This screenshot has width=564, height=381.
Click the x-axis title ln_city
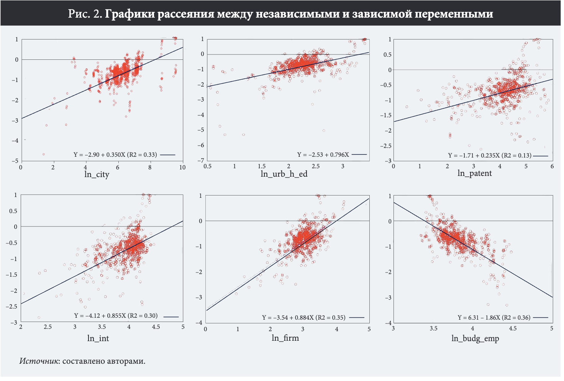point(97,175)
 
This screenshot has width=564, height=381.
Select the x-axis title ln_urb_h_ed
point(284,174)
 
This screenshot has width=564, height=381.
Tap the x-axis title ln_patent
point(474,173)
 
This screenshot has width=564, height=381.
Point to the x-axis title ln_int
point(98,338)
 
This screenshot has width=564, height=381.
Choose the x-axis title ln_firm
point(285,338)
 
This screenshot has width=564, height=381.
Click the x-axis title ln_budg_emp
point(475,338)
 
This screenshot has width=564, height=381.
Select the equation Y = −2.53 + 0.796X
point(323,155)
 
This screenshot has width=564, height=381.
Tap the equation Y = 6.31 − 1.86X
point(494,318)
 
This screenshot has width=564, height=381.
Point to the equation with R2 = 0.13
point(490,156)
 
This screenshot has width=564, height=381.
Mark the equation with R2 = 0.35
point(303,318)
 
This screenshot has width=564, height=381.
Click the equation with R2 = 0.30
point(116,316)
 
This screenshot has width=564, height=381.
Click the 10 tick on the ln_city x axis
point(182,167)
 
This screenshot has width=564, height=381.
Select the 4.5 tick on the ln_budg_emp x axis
point(512,328)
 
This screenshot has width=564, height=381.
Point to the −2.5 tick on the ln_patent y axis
point(386,146)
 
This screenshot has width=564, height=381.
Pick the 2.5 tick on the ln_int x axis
point(48,327)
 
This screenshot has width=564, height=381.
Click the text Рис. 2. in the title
point(85,14)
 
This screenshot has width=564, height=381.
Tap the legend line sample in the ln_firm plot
point(356,318)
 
